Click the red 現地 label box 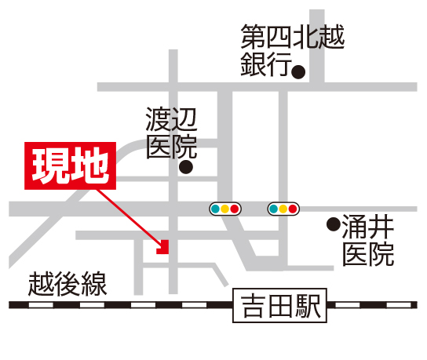[x=71, y=165]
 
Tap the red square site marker [x=162, y=247]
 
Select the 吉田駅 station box [x=279, y=305]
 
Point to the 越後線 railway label [x=68, y=284]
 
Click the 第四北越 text [x=293, y=37]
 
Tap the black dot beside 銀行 [x=298, y=72]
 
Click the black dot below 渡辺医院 [x=186, y=167]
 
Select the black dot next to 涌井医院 [x=334, y=224]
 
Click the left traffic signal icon [x=225, y=209]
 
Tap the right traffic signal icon [x=283, y=209]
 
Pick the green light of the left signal [x=215, y=209]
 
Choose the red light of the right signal [x=293, y=209]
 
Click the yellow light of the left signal [x=225, y=209]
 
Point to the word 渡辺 [x=171, y=119]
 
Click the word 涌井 [x=368, y=227]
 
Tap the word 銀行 [x=266, y=64]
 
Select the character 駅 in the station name [x=308, y=306]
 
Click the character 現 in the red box [x=49, y=165]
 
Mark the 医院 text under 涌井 [x=368, y=255]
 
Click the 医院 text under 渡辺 [x=171, y=147]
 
